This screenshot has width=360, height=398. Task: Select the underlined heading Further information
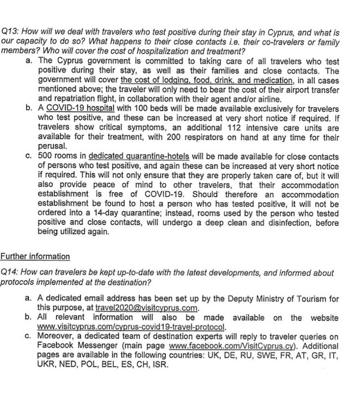tap(35, 257)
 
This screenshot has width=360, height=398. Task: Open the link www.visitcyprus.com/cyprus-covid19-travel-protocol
tap(131, 327)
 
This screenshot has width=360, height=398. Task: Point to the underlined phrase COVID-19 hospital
tap(81, 109)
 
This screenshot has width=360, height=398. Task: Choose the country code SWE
tap(263, 355)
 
